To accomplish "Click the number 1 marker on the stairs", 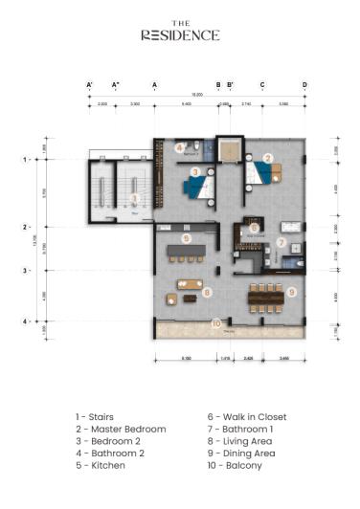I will click(x=135, y=198).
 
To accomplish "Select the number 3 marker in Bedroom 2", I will click(x=195, y=172).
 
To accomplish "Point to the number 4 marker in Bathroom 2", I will click(x=180, y=147).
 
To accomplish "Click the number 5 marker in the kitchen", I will click(x=187, y=237).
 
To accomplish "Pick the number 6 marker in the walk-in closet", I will click(x=254, y=228).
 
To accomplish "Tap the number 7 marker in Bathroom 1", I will click(x=281, y=241).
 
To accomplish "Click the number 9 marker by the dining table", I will click(x=292, y=292).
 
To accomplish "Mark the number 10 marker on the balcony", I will click(x=216, y=323).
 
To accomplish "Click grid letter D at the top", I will click(x=305, y=85).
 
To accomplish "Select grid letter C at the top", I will click(x=262, y=85).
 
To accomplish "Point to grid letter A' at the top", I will click(x=89, y=85).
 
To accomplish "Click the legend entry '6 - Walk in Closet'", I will click(x=246, y=417).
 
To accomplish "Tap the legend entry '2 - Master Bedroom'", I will click(x=121, y=430).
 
